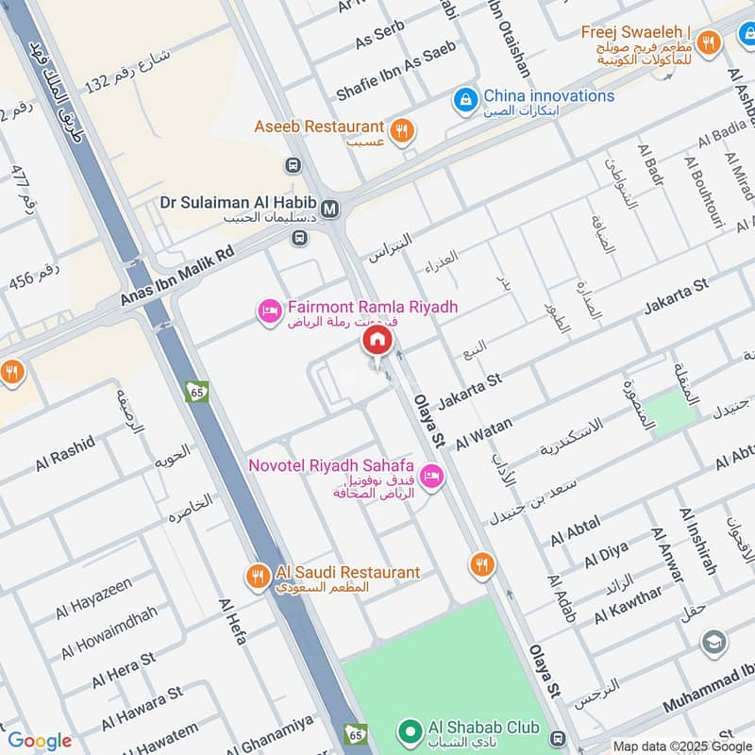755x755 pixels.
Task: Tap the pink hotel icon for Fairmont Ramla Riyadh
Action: pyautogui.click(x=270, y=310)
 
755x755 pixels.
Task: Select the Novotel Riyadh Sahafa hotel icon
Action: pyautogui.click(x=432, y=477)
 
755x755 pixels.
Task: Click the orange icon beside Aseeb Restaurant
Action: pyautogui.click(x=403, y=131)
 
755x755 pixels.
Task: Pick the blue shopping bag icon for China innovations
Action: pyautogui.click(x=464, y=97)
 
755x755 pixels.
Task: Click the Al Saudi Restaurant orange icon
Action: pyautogui.click(x=257, y=574)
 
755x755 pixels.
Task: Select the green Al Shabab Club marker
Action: pyautogui.click(x=409, y=730)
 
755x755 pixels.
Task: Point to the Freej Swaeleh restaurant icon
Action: pyautogui.click(x=708, y=41)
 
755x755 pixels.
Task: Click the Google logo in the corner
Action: pyautogui.click(x=40, y=741)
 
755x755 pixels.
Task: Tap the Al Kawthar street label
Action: pyautogui.click(x=629, y=604)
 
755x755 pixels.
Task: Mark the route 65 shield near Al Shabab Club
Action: pyautogui.click(x=356, y=733)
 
